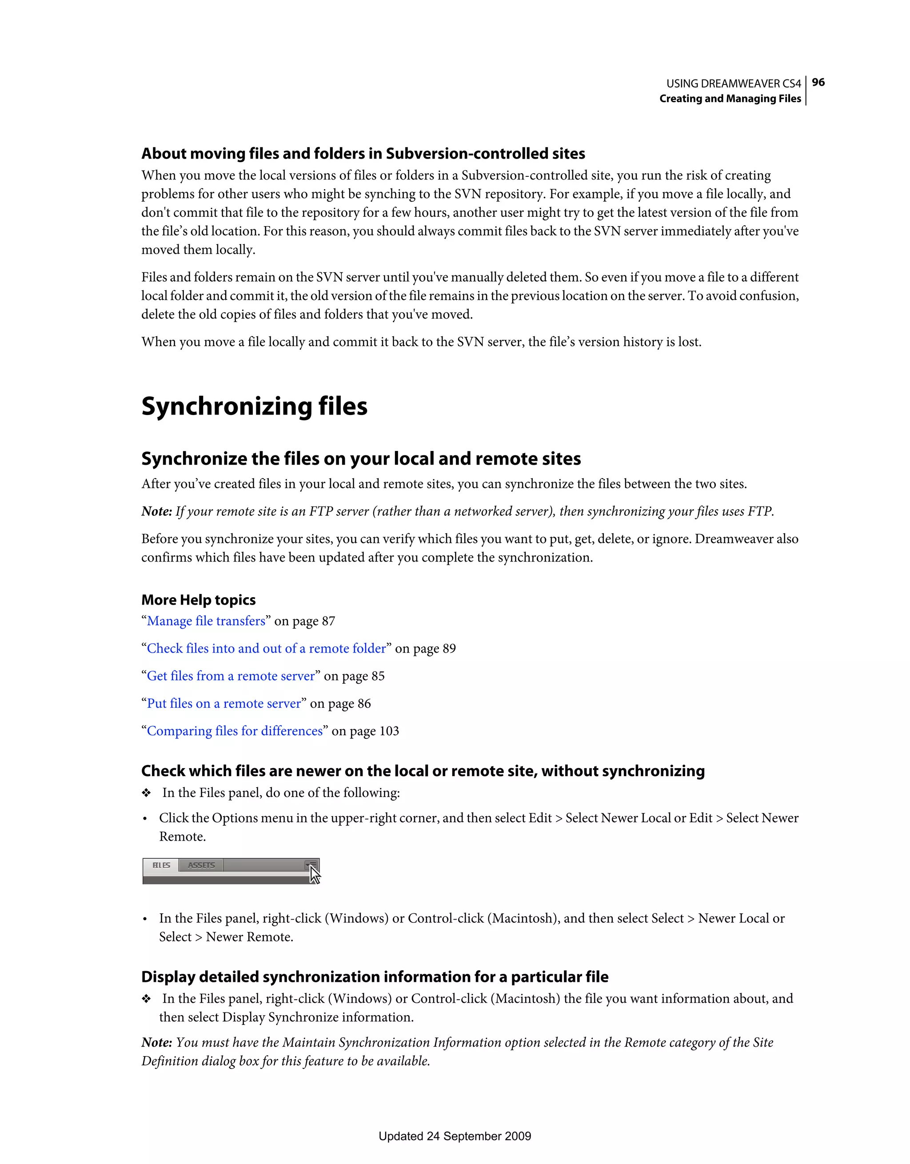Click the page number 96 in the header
pyautogui.click(x=818, y=82)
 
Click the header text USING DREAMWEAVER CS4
pyautogui.click(x=734, y=84)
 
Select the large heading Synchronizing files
pyautogui.click(x=254, y=406)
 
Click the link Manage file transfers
pyautogui.click(x=206, y=621)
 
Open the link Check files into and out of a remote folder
pyautogui.click(x=267, y=649)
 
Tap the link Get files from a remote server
pyautogui.click(x=231, y=676)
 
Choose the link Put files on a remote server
pyautogui.click(x=224, y=704)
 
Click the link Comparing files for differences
pyautogui.click(x=235, y=731)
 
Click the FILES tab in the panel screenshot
pyautogui.click(x=161, y=865)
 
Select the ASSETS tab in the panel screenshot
pyautogui.click(x=201, y=865)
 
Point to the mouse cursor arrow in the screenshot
pyautogui.click(x=314, y=874)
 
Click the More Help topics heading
pyautogui.click(x=198, y=600)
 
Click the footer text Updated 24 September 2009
pyautogui.click(x=455, y=1136)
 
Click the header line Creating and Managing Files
pyautogui.click(x=730, y=99)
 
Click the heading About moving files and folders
pyautogui.click(x=363, y=153)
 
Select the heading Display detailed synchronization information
pyautogui.click(x=375, y=977)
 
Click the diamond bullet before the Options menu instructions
pyautogui.click(x=147, y=793)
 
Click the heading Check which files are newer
pyautogui.click(x=423, y=771)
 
